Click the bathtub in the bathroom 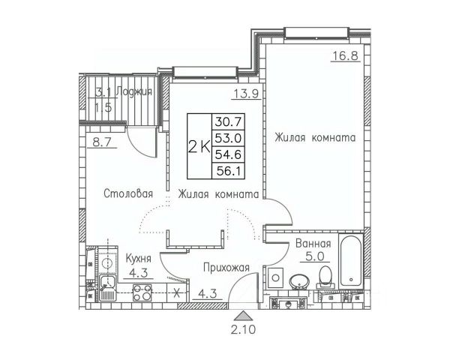coord(351,261)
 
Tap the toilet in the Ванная coord(325,277)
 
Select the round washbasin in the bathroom coord(299,281)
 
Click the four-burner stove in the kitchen coord(142,292)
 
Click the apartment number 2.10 coord(243,330)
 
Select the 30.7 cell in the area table coord(228,122)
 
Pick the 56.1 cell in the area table coord(228,172)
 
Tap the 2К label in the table coord(199,147)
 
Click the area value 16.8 coord(345,55)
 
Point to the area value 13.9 coord(246,93)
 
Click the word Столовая coord(128,193)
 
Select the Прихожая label coord(226,268)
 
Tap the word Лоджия coord(134,92)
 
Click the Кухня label coord(138,259)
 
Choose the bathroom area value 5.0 coord(314,256)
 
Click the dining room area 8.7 coord(102,142)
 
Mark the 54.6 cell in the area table coord(228,155)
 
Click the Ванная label coord(313,244)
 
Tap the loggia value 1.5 coord(103,108)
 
